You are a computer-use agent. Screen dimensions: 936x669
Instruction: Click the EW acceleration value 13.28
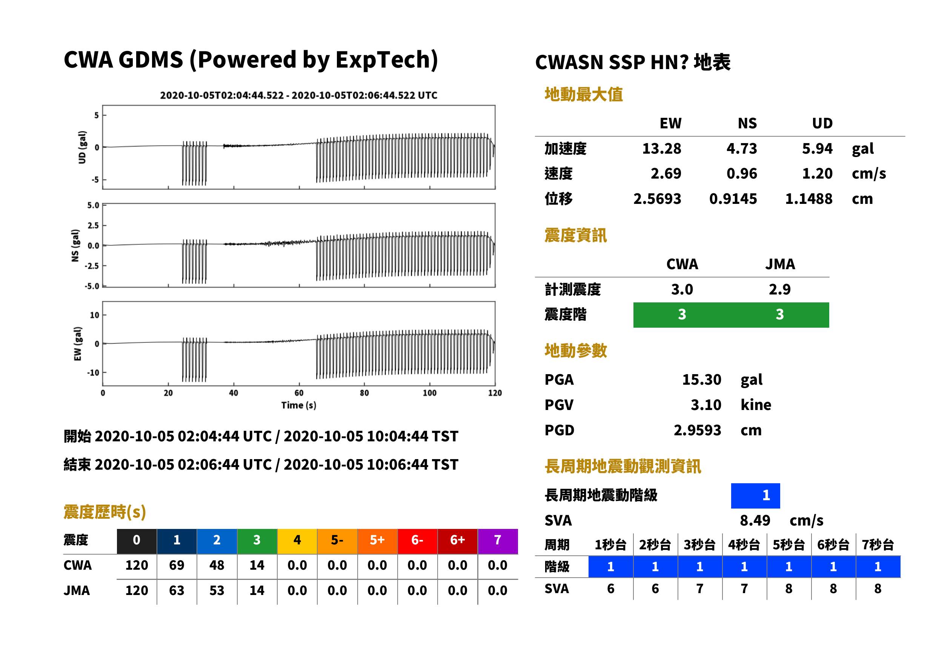click(661, 148)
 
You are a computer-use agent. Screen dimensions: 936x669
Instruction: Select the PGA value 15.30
click(701, 379)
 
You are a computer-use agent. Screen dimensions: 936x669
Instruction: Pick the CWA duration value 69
click(177, 565)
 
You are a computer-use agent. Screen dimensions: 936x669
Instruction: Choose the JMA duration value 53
click(217, 590)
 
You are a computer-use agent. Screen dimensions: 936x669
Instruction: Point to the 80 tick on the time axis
click(364, 393)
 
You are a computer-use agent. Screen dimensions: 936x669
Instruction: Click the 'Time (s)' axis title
click(299, 405)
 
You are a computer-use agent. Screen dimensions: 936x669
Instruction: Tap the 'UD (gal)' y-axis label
click(82, 147)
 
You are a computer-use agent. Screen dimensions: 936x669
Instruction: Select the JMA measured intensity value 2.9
click(779, 289)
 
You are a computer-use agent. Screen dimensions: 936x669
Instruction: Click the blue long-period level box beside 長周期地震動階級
click(755, 496)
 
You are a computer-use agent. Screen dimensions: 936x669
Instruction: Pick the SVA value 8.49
click(755, 520)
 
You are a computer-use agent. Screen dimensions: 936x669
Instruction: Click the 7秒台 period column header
click(878, 544)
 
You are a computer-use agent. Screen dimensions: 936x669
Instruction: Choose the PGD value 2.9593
click(697, 430)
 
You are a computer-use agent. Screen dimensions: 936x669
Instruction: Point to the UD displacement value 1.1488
click(808, 199)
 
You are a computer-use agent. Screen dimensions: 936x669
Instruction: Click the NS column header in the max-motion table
click(747, 123)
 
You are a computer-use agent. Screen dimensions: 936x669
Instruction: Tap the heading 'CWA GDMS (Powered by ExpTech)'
click(251, 60)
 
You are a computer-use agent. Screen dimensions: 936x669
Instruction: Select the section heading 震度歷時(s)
click(105, 512)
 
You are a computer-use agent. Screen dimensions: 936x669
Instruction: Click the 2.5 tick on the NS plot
click(93, 225)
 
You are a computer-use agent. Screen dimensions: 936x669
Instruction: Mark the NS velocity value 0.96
click(742, 173)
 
